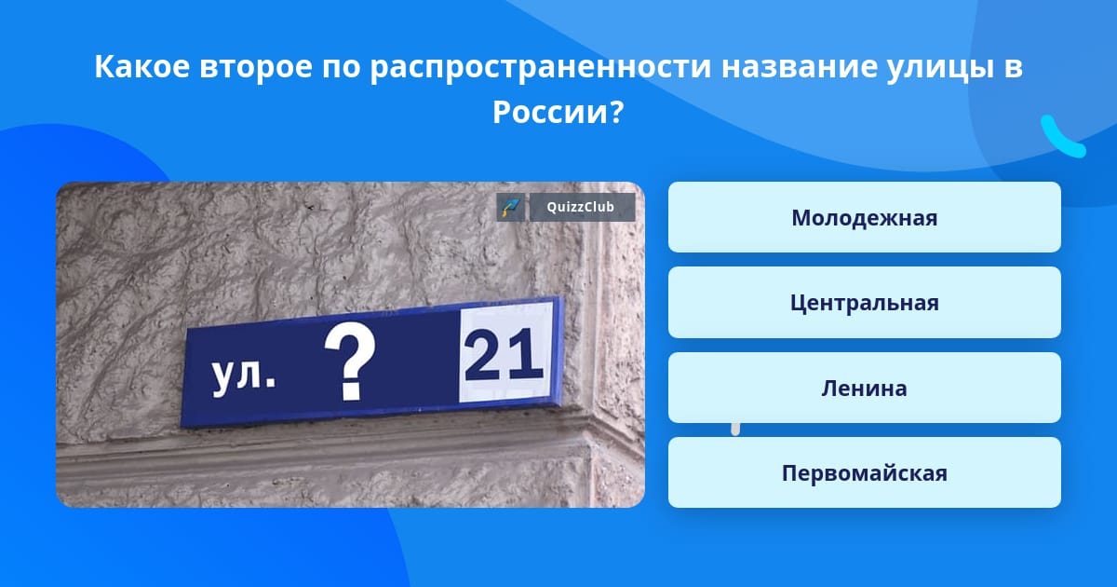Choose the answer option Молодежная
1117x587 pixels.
coord(864,217)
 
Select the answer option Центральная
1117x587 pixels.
coord(864,303)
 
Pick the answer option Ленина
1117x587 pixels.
coord(864,388)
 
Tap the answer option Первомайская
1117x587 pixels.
coord(864,472)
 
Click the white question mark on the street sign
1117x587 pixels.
coord(350,361)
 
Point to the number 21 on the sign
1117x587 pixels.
coord(504,355)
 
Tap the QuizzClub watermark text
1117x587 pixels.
coord(580,207)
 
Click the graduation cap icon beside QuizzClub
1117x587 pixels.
coord(511,207)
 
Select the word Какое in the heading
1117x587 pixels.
coord(142,66)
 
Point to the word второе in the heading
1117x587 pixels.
coord(256,67)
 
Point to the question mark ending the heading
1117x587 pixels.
coord(616,112)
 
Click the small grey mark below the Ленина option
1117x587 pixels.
coord(735,430)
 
